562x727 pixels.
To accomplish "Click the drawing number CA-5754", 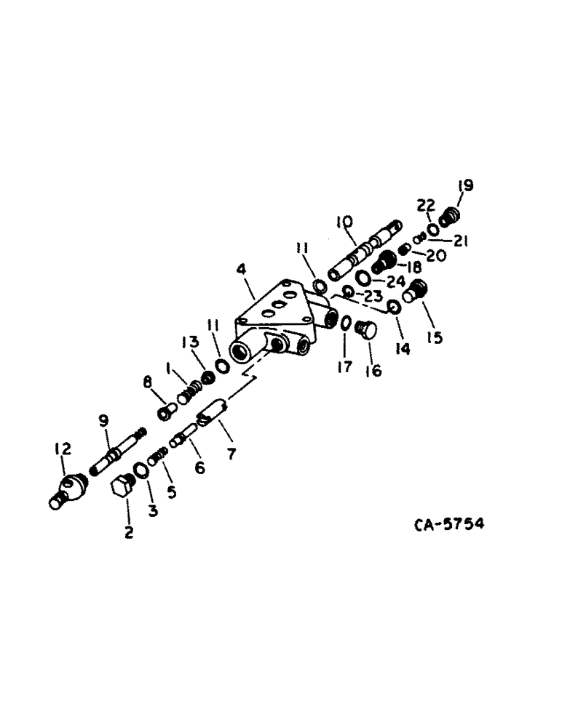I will pos(451,523).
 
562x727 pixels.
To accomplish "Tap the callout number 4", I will pos(242,270).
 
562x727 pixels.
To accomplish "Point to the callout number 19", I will pos(465,186).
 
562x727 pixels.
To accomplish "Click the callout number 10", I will pos(344,221).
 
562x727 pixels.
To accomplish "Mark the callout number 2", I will pos(129,533).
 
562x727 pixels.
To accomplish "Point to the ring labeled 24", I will pos(362,278).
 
